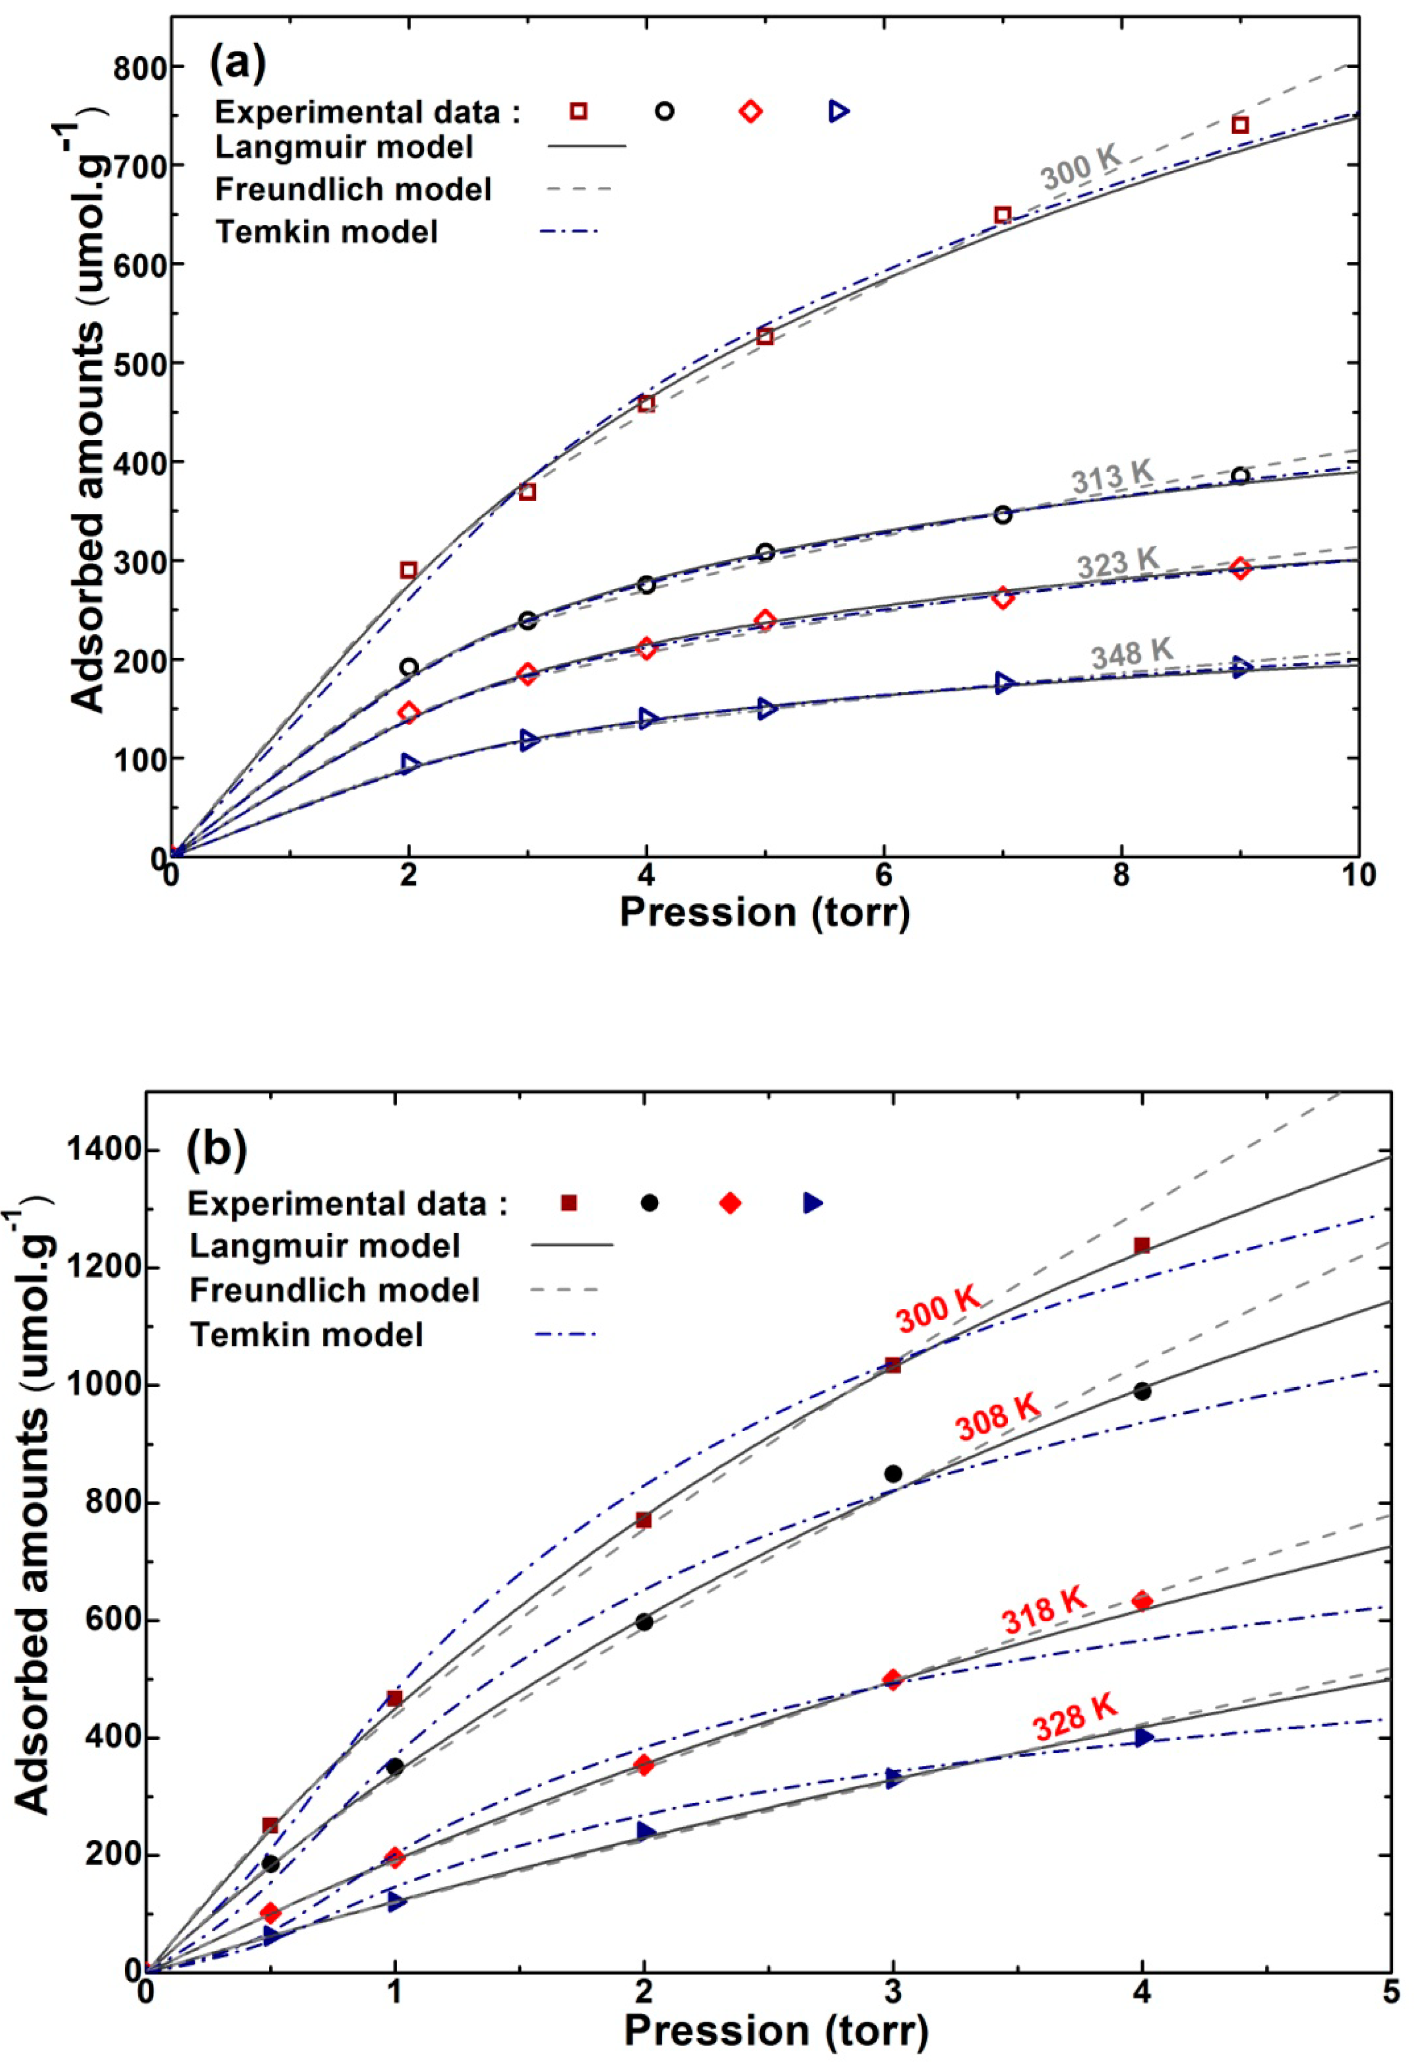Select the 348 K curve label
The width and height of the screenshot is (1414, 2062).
pyautogui.click(x=1132, y=654)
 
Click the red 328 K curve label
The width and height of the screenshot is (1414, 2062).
pyautogui.click(x=1074, y=1716)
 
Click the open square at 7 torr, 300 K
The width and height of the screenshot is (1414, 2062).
pyautogui.click(x=1002, y=216)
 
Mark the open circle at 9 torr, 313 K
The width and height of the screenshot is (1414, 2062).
pyautogui.click(x=1240, y=477)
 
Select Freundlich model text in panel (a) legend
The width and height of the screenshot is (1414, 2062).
pyautogui.click(x=353, y=189)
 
